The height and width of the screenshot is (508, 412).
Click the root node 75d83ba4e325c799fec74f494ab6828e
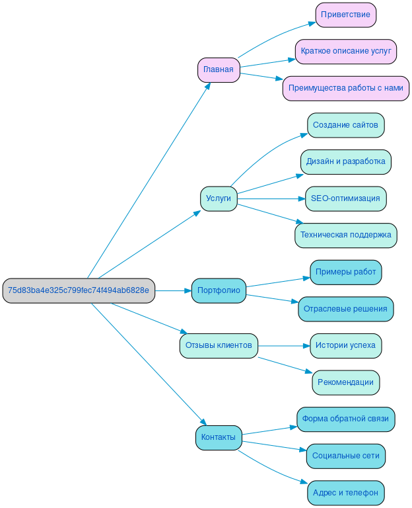[x=79, y=290]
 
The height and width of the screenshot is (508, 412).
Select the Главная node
[x=219, y=69]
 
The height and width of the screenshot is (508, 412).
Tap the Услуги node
[x=219, y=198]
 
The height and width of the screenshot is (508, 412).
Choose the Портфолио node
[x=219, y=290]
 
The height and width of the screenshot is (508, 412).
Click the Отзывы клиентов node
[x=219, y=345]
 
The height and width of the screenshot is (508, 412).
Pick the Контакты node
[x=219, y=437]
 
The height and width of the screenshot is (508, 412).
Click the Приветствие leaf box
[x=346, y=15]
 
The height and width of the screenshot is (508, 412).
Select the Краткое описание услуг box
[x=346, y=51]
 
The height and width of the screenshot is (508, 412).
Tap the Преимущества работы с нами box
[x=346, y=88]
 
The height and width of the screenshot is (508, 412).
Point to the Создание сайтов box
[x=346, y=125]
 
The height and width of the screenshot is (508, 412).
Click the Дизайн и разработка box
[x=346, y=161]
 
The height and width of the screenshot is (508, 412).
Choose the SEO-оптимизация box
[x=346, y=198]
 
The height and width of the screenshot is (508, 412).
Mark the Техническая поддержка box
[x=346, y=235]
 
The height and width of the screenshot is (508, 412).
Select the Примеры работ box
[x=346, y=272]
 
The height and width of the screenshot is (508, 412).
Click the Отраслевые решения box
[x=346, y=309]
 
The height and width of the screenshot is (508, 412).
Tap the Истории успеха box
[x=346, y=345]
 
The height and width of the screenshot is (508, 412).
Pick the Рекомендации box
[x=346, y=382]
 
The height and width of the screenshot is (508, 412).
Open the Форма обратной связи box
[x=346, y=419]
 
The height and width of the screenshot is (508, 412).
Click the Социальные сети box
[x=346, y=456]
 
